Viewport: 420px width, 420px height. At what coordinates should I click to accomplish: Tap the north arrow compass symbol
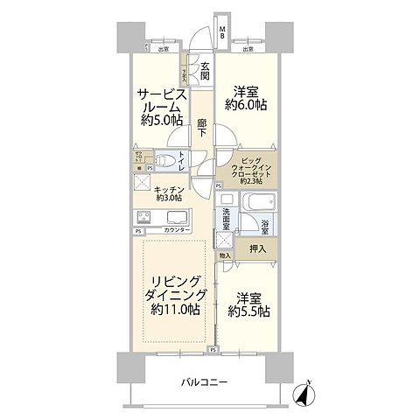[x=303, y=395]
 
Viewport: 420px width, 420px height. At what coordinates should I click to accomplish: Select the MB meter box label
[x=222, y=32]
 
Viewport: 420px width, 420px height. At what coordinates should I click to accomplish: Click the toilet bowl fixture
[x=165, y=159]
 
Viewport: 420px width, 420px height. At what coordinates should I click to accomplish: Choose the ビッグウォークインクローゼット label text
[x=249, y=170]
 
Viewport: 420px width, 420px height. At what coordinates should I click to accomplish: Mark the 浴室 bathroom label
[x=264, y=226]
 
